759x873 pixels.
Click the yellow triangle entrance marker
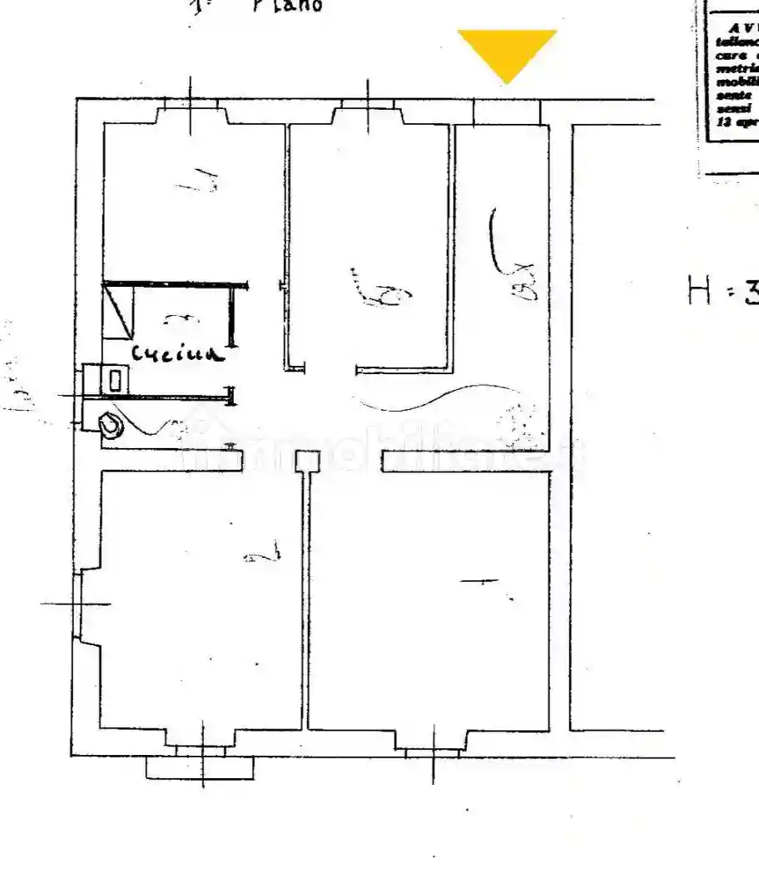point(507,52)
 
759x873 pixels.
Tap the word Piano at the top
point(287,5)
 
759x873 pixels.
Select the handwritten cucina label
point(178,354)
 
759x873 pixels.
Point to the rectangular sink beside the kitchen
point(114,380)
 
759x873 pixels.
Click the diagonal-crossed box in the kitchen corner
point(119,309)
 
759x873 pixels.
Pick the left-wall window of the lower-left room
point(83,604)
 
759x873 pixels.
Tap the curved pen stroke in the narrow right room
point(495,241)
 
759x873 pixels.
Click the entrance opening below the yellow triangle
point(507,112)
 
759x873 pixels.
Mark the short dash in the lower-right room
point(479,582)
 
